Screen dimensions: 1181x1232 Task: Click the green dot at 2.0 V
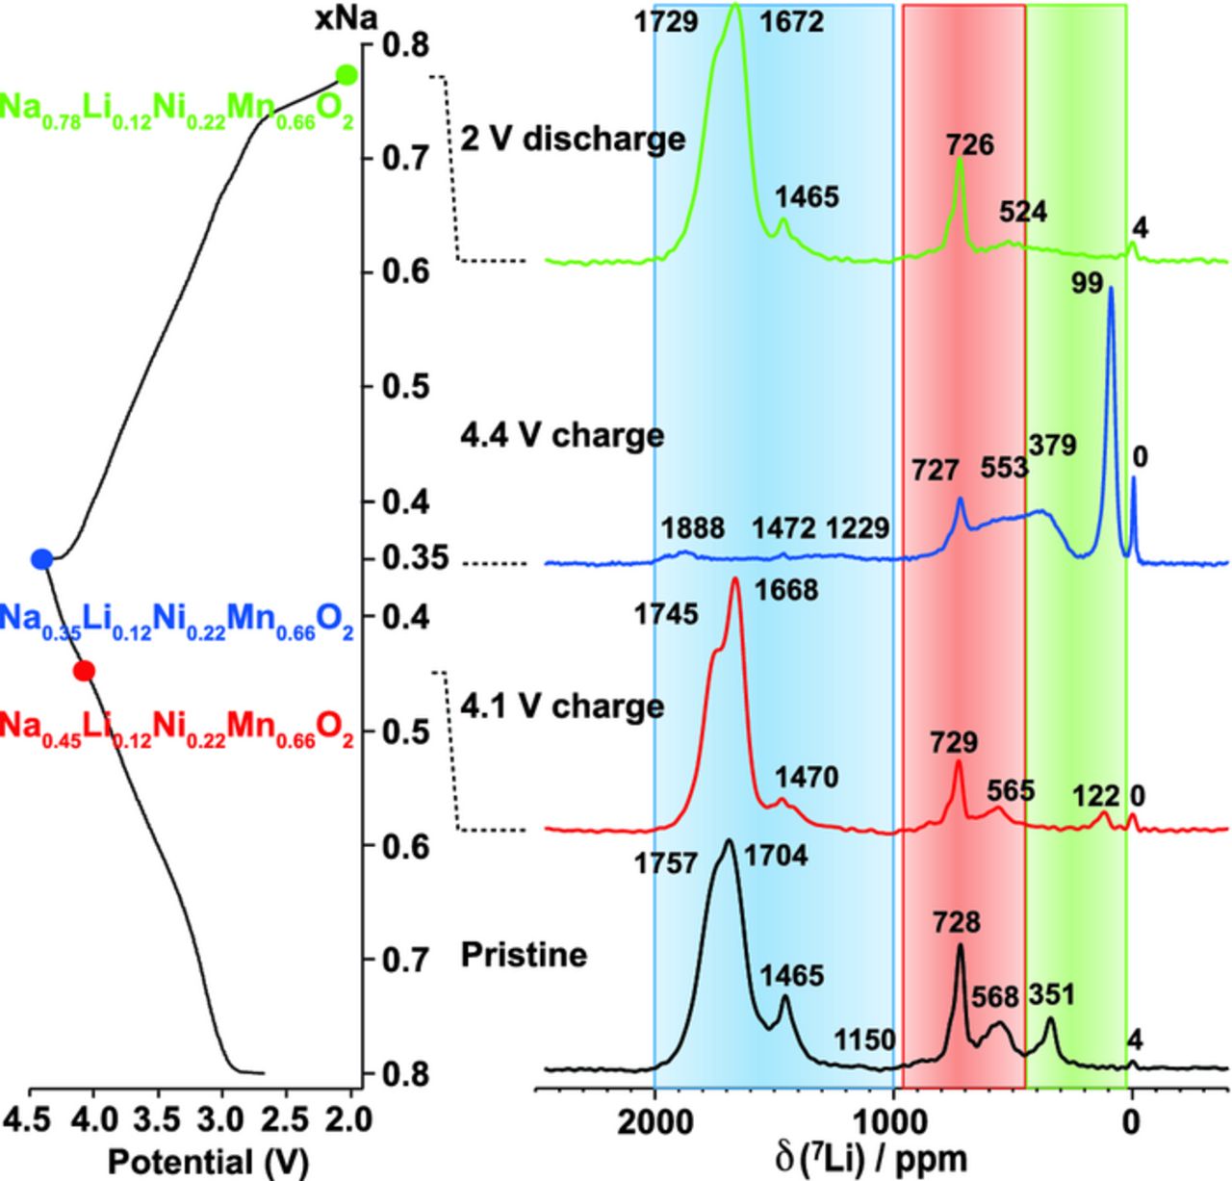pos(346,75)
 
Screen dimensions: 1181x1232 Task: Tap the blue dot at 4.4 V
pos(41,558)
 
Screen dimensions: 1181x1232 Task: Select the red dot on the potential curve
pos(84,671)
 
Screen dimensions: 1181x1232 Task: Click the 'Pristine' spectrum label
pos(524,955)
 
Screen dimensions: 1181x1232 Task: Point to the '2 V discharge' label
pos(573,140)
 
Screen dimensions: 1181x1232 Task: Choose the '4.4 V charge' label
pos(562,435)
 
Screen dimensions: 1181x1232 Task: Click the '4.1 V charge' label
pos(562,706)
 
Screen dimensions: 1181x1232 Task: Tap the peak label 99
pos(1088,284)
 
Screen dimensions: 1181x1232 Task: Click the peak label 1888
pos(693,528)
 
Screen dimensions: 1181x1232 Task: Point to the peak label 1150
pos(864,1040)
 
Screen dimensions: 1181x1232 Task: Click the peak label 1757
pos(665,863)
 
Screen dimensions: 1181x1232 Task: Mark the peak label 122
pos(1096,796)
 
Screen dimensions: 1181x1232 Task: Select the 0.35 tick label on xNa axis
pos(415,558)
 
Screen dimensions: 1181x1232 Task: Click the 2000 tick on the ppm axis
pos(654,1122)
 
